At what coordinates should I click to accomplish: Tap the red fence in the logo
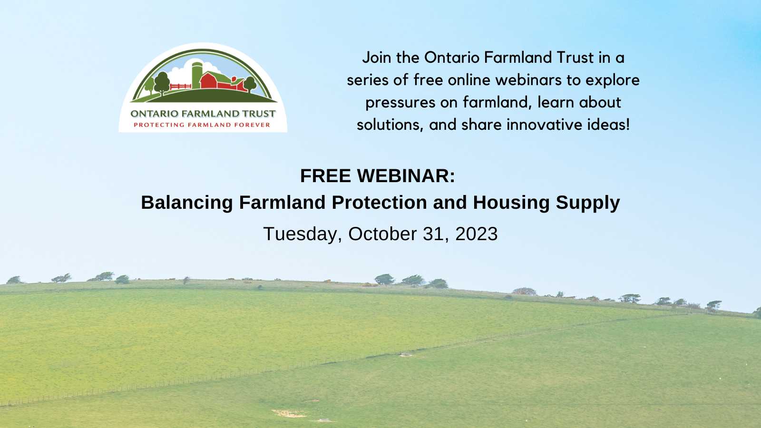[x=180, y=87]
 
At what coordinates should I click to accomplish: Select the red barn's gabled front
[x=208, y=81]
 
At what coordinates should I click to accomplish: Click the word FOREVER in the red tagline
[x=252, y=125]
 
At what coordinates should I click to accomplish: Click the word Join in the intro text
[x=377, y=58]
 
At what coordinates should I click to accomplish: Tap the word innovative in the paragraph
[x=544, y=125]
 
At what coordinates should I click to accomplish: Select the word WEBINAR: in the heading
[x=406, y=176]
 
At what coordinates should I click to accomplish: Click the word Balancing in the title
[x=187, y=203]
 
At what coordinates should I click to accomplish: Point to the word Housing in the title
[x=511, y=203]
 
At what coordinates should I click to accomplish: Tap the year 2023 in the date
[x=476, y=234]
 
